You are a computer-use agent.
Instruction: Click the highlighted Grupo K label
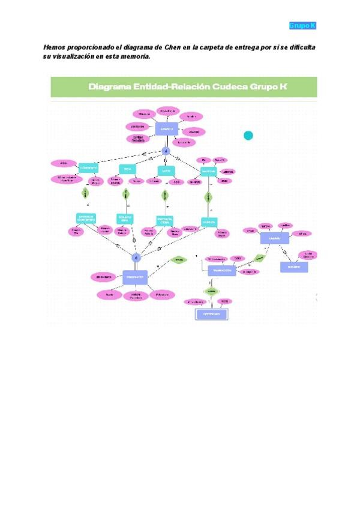point(302,25)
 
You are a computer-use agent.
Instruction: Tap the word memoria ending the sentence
point(136,57)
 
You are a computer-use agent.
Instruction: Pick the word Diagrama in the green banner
point(114,86)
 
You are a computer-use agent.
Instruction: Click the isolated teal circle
point(248,136)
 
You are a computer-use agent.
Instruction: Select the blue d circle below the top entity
point(166,151)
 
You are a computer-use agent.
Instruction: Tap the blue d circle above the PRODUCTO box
point(136,257)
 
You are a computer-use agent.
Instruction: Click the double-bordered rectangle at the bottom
point(211,314)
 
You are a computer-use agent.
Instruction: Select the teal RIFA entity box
point(127,169)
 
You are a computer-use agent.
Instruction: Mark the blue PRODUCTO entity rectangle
point(136,278)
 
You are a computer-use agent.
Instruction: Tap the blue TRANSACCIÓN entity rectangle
point(221,271)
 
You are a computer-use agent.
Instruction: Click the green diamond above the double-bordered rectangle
point(211,291)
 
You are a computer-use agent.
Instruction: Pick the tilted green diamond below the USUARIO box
point(259,258)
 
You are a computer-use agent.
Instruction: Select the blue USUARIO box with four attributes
point(275,238)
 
